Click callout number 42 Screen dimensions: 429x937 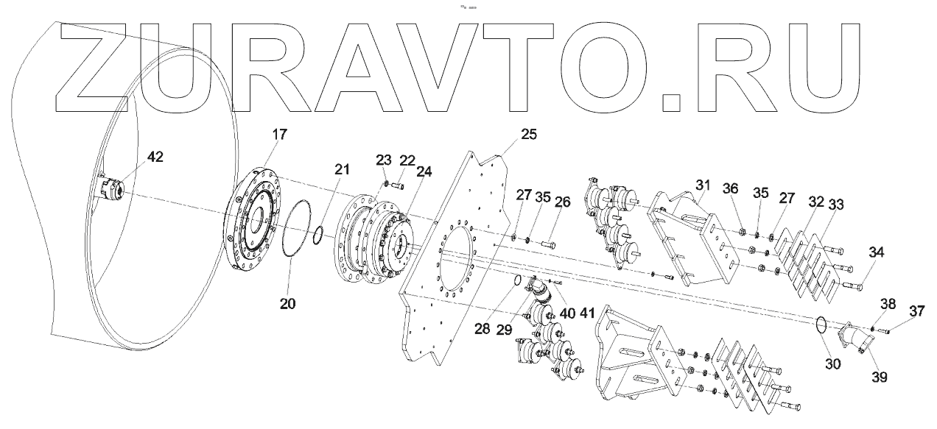[155, 157]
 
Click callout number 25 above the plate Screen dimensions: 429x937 [528, 135]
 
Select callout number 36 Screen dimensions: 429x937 [730, 188]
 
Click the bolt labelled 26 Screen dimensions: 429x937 [548, 242]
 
